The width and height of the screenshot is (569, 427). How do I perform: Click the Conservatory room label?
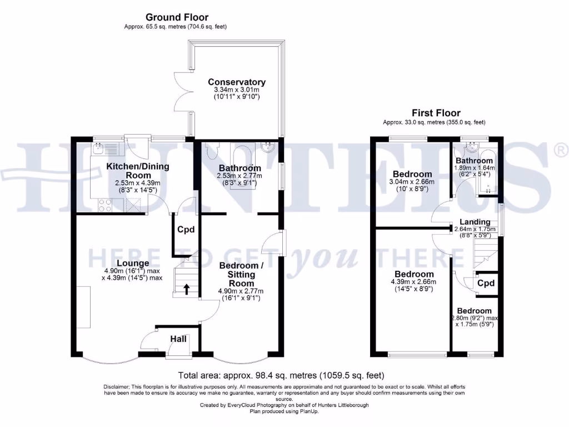tap(236, 82)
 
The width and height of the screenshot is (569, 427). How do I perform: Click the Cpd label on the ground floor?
tap(186, 230)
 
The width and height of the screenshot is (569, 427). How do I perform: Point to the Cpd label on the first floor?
tap(486, 283)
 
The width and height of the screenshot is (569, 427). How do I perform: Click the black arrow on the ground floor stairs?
tap(186, 288)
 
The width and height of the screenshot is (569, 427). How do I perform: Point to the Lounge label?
tap(132, 263)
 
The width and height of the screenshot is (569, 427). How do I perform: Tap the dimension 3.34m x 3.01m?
tap(236, 90)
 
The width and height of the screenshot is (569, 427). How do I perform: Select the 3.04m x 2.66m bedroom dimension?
tap(413, 182)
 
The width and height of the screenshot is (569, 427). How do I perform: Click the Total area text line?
tap(281, 375)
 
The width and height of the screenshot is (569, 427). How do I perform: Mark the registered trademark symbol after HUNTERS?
tap(561, 149)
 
